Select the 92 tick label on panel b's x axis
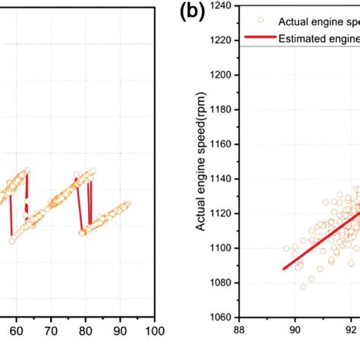[x=351, y=331]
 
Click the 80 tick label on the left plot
[x=85, y=331]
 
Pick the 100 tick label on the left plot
[x=154, y=331]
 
